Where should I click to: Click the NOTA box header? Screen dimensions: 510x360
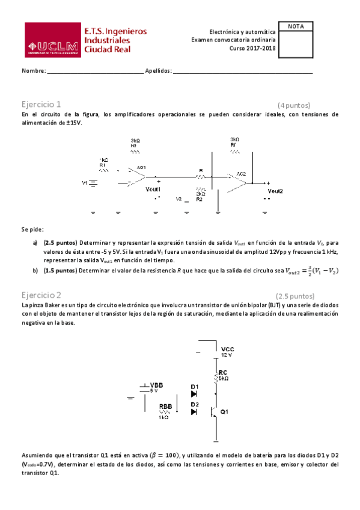(296, 26)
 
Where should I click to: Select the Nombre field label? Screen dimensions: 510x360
(34, 71)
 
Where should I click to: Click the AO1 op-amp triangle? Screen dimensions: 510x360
(138, 176)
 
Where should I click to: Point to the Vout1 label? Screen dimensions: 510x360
(153, 189)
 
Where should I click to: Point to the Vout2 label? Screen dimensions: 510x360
(275, 191)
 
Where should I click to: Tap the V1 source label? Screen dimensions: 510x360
(85, 182)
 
